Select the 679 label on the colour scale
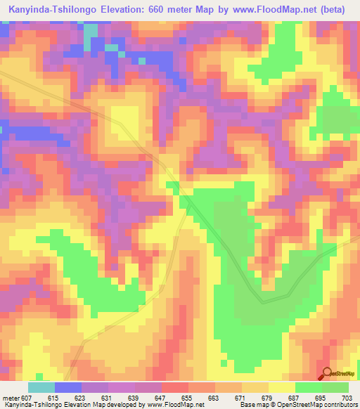coord(268,397)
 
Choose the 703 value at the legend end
coord(347,397)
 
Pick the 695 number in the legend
coord(321,397)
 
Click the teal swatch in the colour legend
coord(41,387)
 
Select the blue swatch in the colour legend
coord(68,387)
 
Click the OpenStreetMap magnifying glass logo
coord(328,374)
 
